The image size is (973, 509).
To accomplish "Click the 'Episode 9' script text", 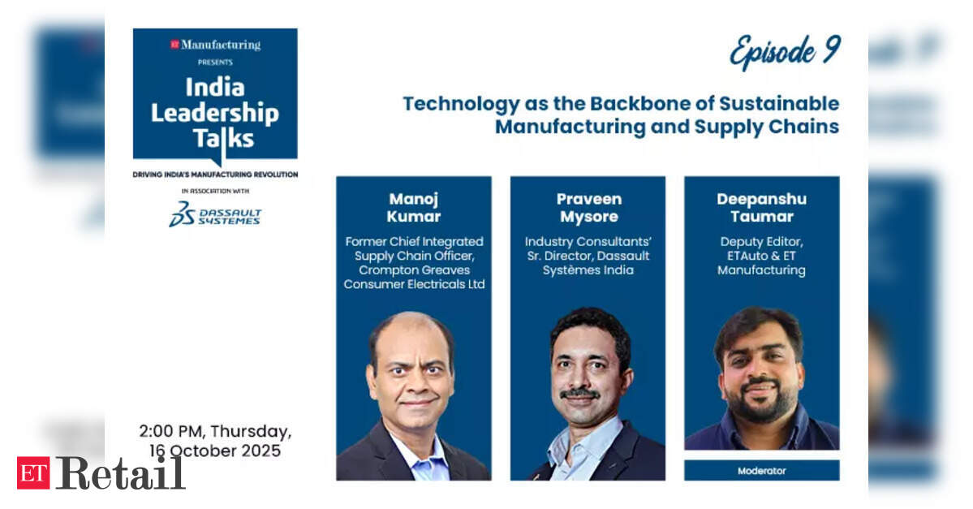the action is coord(785,52).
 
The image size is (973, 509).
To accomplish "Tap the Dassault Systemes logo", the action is coord(215,214).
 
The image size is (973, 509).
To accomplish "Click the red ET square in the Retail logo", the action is coord(33,473).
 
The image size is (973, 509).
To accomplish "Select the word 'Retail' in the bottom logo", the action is coord(120,473).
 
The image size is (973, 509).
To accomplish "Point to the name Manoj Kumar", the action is coord(414,207).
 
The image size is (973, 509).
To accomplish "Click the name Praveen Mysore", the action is coord(588,207).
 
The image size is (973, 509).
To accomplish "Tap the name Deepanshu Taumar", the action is coord(761,207).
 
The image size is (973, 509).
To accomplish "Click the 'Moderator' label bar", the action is coord(761,471).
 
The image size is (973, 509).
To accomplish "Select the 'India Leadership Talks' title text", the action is coord(215,113).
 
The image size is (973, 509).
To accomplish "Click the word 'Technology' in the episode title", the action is coord(461,104).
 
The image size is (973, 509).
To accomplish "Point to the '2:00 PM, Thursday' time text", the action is coord(215,431).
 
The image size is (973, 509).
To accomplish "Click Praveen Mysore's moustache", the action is coord(579,393).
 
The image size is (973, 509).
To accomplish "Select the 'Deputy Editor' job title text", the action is coord(761,241).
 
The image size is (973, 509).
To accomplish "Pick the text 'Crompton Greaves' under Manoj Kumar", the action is coord(414,270).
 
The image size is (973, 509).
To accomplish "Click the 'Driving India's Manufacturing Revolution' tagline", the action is coord(215,175).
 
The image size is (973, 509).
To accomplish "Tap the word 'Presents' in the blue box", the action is coord(215,62).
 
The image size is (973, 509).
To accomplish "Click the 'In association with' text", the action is coord(215,192).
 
